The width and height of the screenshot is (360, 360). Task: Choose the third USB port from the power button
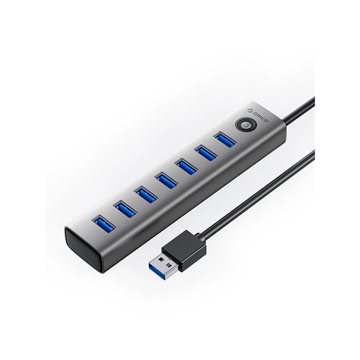pyautogui.click(x=183, y=165)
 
